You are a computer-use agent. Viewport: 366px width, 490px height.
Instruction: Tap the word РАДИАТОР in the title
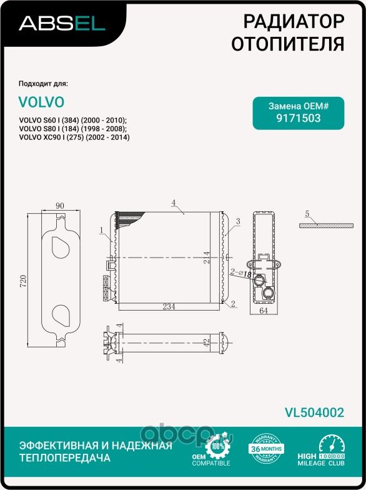293,22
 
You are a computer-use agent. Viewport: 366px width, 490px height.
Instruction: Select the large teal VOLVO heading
41,102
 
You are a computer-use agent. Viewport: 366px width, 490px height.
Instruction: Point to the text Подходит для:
44,83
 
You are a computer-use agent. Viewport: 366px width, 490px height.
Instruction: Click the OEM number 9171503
298,117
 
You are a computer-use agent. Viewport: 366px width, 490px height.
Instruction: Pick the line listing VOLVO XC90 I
74,137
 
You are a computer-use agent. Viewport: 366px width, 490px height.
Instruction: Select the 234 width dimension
169,306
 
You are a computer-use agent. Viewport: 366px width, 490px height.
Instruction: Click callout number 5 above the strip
307,214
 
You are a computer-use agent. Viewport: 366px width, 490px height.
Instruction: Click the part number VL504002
314,412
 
